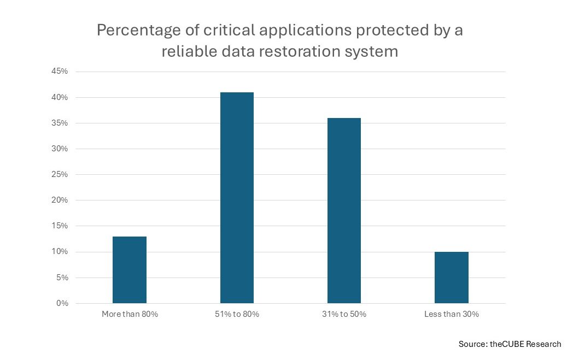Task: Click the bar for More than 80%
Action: (x=130, y=270)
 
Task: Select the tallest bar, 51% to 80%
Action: (x=237, y=198)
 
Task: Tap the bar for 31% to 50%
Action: (x=344, y=211)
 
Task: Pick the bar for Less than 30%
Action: (x=451, y=278)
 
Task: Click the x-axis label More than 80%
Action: (x=130, y=314)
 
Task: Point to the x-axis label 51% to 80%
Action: (x=237, y=314)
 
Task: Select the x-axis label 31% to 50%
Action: (x=344, y=314)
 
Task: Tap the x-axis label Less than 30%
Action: (x=451, y=314)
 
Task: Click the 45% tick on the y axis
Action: (x=60, y=71)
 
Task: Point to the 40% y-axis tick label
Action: (x=60, y=97)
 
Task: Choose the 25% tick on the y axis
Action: (x=60, y=174)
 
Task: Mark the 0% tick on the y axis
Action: (x=62, y=303)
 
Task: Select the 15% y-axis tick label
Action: (x=60, y=226)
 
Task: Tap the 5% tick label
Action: (x=62, y=278)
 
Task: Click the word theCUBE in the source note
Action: (x=507, y=344)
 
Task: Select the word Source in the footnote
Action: (x=472, y=344)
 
